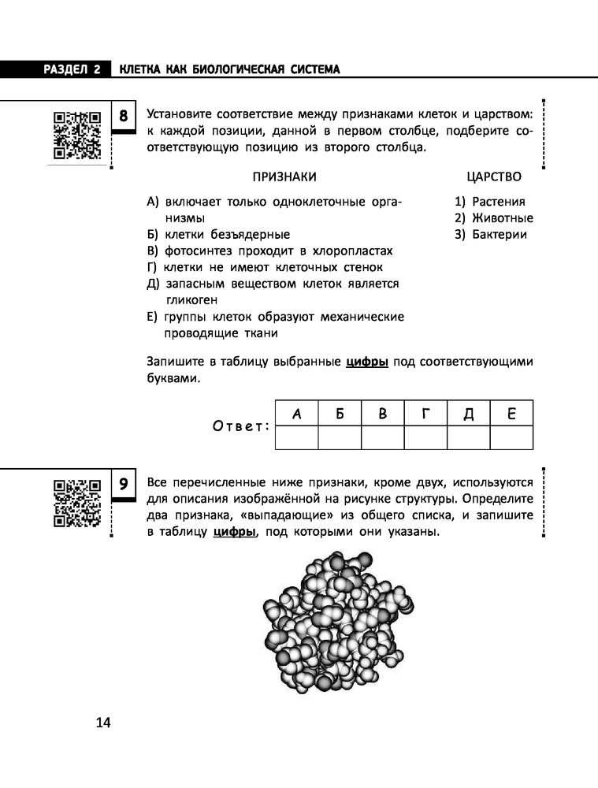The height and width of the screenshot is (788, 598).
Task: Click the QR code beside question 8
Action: pyautogui.click(x=77, y=135)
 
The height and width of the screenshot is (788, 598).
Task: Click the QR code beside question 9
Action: pyautogui.click(x=77, y=501)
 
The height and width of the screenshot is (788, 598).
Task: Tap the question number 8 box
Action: pyautogui.click(x=124, y=117)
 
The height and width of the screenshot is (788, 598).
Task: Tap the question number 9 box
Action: pyautogui.click(x=124, y=482)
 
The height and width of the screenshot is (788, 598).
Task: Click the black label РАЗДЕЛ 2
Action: pyautogui.click(x=56, y=69)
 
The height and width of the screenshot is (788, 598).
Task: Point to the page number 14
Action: pyautogui.click(x=103, y=723)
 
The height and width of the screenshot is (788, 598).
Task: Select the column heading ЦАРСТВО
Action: pyautogui.click(x=493, y=177)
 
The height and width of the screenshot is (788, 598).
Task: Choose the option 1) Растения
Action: pyautogui.click(x=489, y=202)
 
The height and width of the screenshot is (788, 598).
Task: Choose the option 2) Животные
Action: pyautogui.click(x=494, y=218)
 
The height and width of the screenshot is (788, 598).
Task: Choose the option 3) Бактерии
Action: pyautogui.click(x=491, y=235)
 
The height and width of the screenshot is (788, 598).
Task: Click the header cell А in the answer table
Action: pyautogui.click(x=296, y=413)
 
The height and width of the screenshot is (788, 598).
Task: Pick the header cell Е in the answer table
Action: pyautogui.click(x=511, y=413)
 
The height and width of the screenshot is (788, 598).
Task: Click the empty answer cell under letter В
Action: pyautogui.click(x=382, y=437)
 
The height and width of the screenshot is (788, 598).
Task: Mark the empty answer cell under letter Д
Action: pyautogui.click(x=468, y=437)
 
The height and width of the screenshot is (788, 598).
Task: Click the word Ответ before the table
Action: pyautogui.click(x=241, y=426)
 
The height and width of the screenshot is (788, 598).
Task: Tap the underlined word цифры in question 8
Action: pyautogui.click(x=366, y=362)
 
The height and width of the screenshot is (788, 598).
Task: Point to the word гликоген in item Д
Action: pyautogui.click(x=191, y=300)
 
